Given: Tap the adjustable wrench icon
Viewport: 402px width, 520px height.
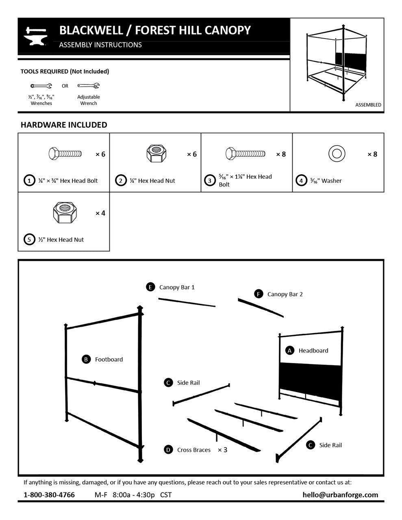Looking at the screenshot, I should (x=88, y=86).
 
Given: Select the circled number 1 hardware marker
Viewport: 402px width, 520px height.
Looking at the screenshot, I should (x=29, y=180).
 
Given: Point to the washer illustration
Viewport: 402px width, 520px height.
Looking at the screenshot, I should (x=337, y=154).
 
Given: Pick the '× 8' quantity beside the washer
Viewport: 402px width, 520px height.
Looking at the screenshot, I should (x=372, y=154).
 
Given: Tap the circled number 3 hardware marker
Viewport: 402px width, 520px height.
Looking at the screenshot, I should (x=210, y=180).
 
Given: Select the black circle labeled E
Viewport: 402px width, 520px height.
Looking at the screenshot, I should (x=150, y=287).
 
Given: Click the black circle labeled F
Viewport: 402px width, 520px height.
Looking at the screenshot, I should (x=258, y=294).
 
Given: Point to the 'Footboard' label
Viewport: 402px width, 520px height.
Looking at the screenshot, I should (x=109, y=359).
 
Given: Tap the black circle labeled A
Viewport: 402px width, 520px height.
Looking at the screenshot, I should (x=290, y=350).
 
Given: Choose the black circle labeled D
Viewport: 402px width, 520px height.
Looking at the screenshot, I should (x=168, y=449).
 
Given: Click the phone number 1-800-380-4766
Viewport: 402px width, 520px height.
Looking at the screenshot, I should (x=49, y=495).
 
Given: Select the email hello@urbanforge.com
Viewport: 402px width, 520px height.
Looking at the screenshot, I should (x=340, y=495).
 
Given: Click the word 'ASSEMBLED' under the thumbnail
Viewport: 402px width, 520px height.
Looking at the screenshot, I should (x=368, y=105).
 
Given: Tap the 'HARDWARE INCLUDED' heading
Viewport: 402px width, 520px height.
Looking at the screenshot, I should (x=64, y=125).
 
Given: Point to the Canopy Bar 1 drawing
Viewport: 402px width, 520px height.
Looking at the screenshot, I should (x=187, y=303).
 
